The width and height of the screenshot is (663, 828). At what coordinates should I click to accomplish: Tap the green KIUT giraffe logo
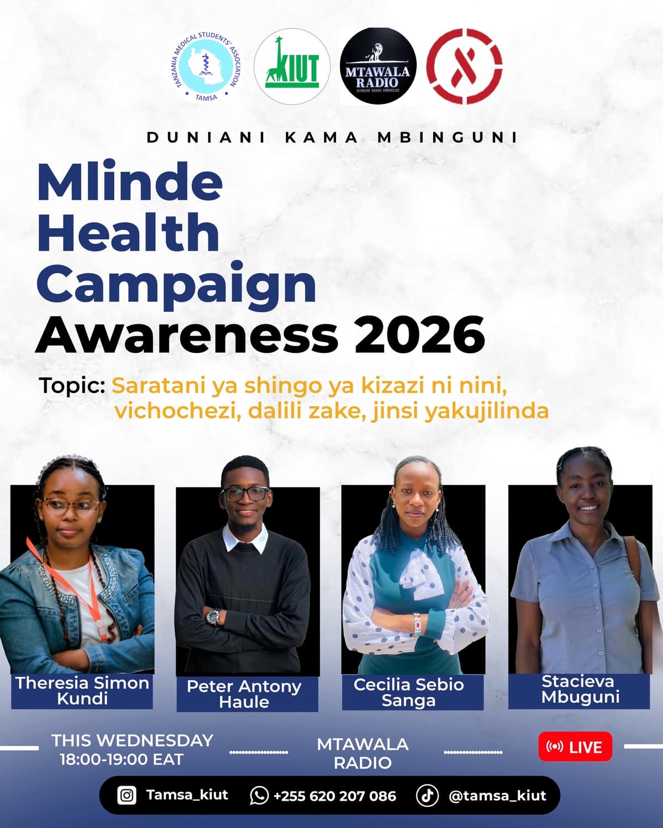[292, 67]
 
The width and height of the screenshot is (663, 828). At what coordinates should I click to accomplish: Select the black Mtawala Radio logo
[378, 66]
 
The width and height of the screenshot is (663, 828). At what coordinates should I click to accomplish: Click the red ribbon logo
[464, 66]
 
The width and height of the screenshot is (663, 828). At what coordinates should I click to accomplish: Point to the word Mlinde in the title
[130, 182]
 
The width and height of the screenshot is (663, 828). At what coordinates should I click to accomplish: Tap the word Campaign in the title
[176, 284]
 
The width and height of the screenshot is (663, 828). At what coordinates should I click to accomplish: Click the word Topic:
[72, 385]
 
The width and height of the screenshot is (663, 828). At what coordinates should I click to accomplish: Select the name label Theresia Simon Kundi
[82, 691]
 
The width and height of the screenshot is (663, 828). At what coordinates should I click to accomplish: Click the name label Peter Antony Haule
[244, 694]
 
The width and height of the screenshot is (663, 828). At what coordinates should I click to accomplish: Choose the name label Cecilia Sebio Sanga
[409, 692]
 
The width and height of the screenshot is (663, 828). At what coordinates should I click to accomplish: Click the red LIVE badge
[575, 747]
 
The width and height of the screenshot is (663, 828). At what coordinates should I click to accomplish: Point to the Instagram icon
[127, 795]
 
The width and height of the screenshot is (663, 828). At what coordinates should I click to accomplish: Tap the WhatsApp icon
[259, 795]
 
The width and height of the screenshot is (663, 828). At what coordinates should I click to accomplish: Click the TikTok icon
[427, 795]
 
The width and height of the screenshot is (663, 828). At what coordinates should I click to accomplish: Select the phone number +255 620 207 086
[334, 796]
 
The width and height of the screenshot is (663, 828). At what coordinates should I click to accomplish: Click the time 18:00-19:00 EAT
[121, 760]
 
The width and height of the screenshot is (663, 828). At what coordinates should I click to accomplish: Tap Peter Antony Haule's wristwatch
[213, 616]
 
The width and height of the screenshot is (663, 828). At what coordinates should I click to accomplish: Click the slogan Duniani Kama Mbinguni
[332, 137]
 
